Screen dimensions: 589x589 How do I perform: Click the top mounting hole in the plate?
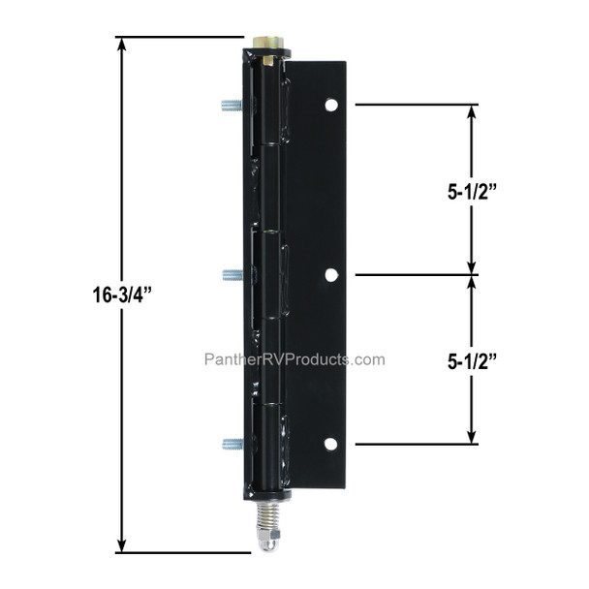tap(330, 104)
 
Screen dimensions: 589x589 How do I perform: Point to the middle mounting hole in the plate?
tap(330, 275)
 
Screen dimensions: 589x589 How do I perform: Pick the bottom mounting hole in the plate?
tap(330, 444)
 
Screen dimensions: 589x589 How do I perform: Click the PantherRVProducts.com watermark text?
tap(294, 359)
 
